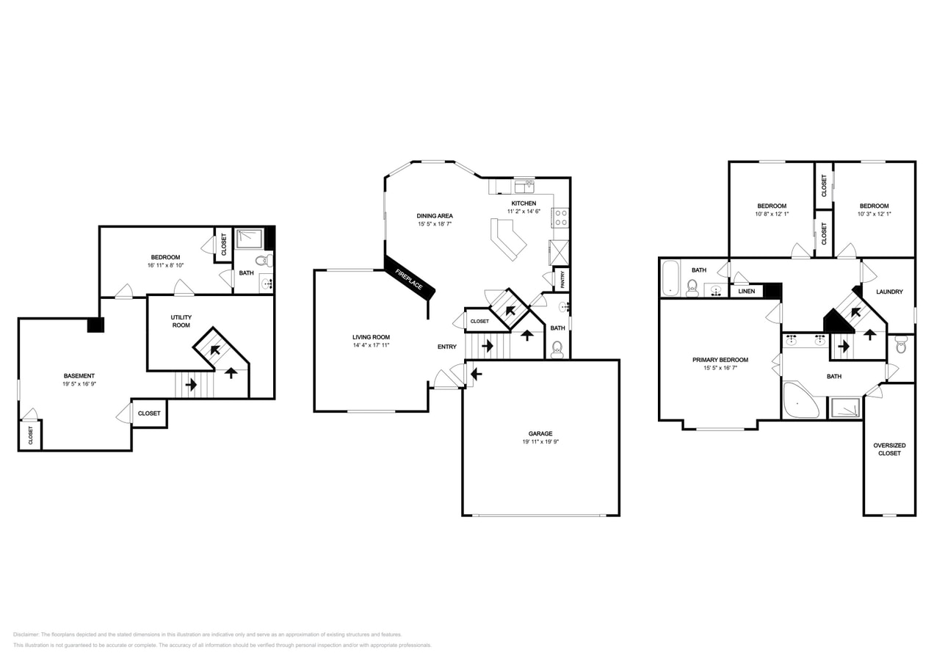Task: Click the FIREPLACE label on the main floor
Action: (x=410, y=277)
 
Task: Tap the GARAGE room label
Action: (x=540, y=433)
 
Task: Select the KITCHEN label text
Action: (x=524, y=203)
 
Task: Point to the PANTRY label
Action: (x=562, y=279)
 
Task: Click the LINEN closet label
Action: (x=746, y=292)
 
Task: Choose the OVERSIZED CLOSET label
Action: (x=889, y=449)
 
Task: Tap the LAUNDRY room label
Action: (x=889, y=292)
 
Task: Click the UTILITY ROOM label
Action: (x=181, y=321)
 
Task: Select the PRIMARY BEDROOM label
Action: (x=720, y=360)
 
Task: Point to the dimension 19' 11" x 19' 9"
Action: (x=540, y=442)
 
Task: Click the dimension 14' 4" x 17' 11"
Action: (x=371, y=345)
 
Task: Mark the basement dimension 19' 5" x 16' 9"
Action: (x=79, y=384)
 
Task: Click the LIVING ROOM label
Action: (x=371, y=337)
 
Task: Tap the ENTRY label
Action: (x=447, y=347)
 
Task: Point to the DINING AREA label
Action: (x=435, y=216)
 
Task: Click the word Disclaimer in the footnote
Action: (x=26, y=635)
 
